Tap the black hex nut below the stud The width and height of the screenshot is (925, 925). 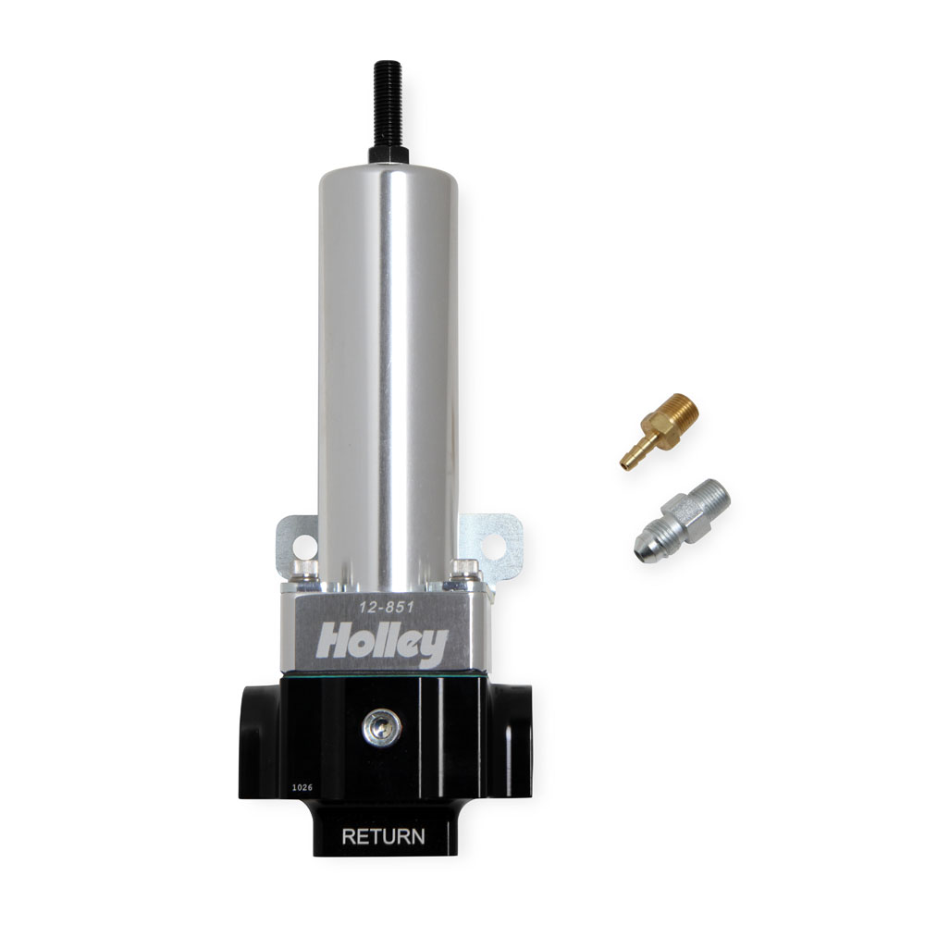[x=388, y=154]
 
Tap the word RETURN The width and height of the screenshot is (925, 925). [x=384, y=837]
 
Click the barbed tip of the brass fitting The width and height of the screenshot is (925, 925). [x=631, y=458]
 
